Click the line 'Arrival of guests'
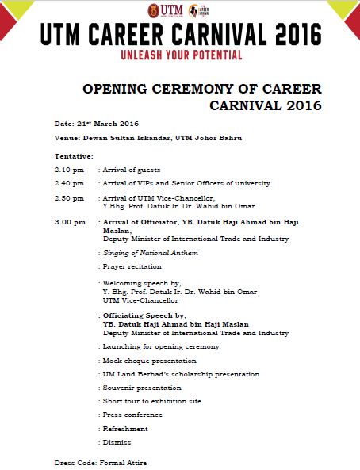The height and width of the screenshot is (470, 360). pyautogui.click(x=132, y=170)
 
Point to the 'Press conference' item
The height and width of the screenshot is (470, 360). pyautogui.click(x=132, y=415)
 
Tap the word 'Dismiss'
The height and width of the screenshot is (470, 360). pyautogui.click(x=117, y=442)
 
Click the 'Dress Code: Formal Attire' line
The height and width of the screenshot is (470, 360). pyautogui.click(x=100, y=462)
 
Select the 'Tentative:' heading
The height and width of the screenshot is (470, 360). pyautogui.click(x=74, y=155)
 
